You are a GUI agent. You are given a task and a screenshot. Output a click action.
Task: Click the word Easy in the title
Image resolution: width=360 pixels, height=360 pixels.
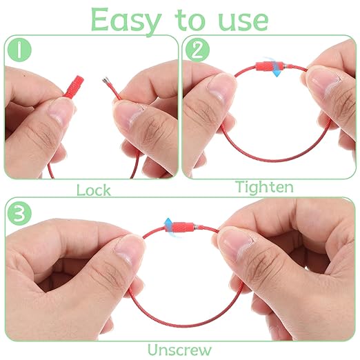point(126,21)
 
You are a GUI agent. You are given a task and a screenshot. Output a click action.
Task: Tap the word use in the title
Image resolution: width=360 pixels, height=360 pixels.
point(243,21)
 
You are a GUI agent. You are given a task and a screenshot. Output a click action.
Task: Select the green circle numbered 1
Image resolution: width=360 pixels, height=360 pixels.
point(19,50)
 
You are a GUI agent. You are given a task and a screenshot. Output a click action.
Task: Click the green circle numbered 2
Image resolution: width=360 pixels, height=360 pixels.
point(197,50)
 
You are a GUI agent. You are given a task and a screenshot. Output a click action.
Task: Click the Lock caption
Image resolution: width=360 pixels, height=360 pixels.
point(94,190)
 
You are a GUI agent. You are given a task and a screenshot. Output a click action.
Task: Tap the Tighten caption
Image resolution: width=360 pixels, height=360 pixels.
point(264,187)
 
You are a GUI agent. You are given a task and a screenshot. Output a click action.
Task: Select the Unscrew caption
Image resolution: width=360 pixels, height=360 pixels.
point(179,350)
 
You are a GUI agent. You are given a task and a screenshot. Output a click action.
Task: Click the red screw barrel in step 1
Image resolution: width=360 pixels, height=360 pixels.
point(74,86)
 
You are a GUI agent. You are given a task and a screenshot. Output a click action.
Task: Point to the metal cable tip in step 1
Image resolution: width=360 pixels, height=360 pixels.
point(105,80)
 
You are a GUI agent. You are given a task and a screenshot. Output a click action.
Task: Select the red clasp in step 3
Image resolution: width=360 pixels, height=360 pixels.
point(180,227)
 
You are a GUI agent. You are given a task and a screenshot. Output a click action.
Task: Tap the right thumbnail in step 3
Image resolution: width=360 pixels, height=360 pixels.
point(235,245)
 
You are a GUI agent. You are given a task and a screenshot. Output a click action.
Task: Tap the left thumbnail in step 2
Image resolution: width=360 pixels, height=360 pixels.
point(220,88)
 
